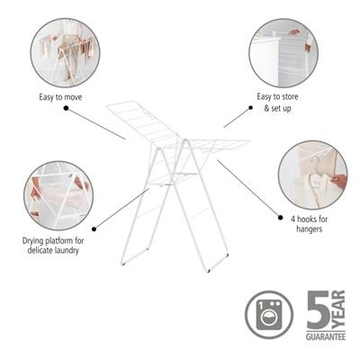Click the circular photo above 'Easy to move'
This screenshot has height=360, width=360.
pyautogui.click(x=65, y=51)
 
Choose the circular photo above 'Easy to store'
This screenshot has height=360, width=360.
pyautogui.click(x=283, y=52)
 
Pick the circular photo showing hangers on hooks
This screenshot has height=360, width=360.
pyautogui.click(x=312, y=174)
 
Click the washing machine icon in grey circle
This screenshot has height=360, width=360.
pyautogui.click(x=269, y=315)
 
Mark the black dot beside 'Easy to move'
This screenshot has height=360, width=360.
pyautogui.click(x=66, y=108)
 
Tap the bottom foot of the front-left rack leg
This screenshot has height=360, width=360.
pyautogui.click(x=124, y=264)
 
